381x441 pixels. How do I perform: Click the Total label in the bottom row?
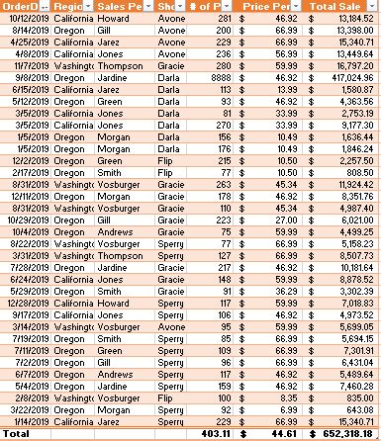click(x=17, y=433)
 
